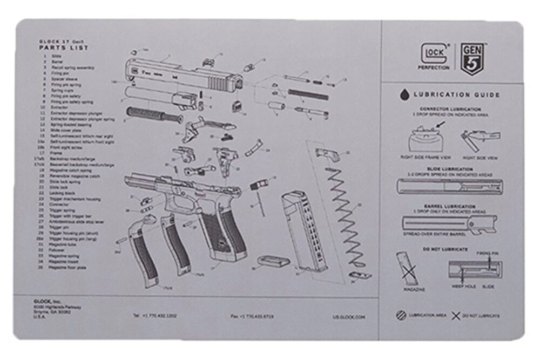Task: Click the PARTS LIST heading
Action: tap(64, 48)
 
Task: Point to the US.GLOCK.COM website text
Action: tap(348, 317)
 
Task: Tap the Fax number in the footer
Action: tap(252, 316)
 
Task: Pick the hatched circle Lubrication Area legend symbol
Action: tap(400, 315)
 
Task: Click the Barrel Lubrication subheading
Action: tap(449, 206)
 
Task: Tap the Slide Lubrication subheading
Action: tap(449, 169)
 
